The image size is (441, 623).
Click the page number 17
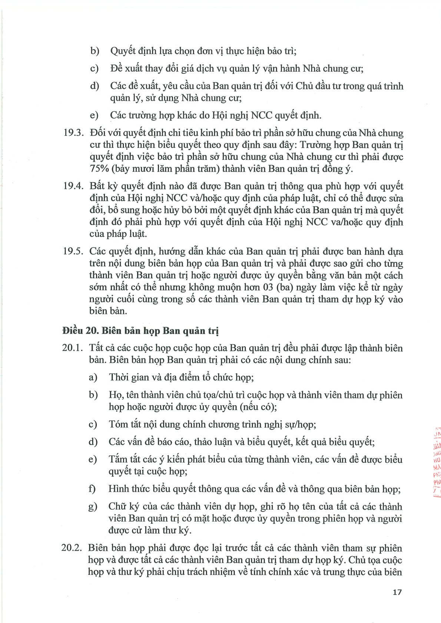pos(397,592)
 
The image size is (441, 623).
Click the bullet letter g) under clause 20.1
pos(93,506)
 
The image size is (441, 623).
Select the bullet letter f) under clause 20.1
pos(92,489)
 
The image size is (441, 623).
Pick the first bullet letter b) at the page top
pos(95,51)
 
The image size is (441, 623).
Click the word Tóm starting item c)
pos(117,424)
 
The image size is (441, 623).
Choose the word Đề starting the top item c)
pos(116,68)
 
